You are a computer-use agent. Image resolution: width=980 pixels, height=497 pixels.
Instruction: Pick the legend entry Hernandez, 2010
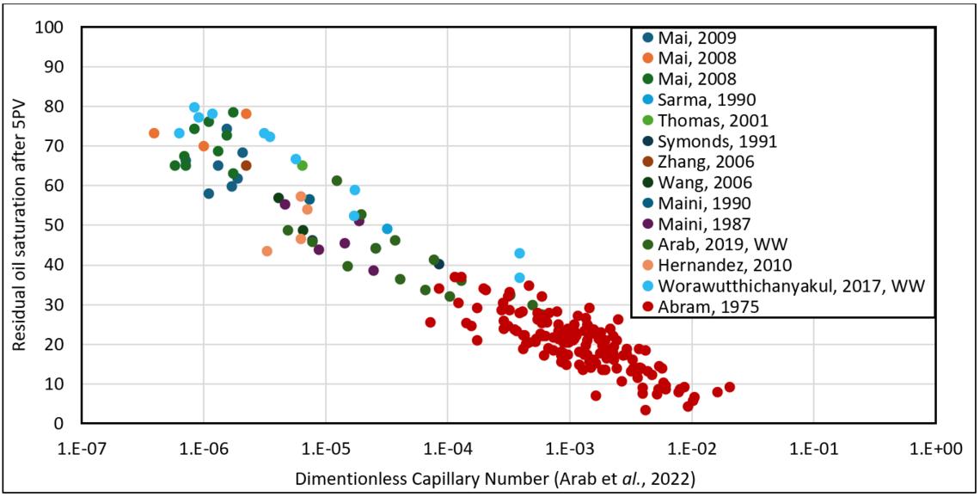coord(722,265)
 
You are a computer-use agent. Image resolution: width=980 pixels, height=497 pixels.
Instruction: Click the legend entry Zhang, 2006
coord(705,162)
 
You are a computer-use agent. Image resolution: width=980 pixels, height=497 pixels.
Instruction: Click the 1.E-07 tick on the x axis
coord(82,448)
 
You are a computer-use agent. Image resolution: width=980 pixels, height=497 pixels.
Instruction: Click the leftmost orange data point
coord(154,133)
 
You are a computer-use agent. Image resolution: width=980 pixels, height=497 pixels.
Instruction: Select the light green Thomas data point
coord(303,166)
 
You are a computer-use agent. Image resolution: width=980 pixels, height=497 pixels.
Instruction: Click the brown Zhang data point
coord(246,166)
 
